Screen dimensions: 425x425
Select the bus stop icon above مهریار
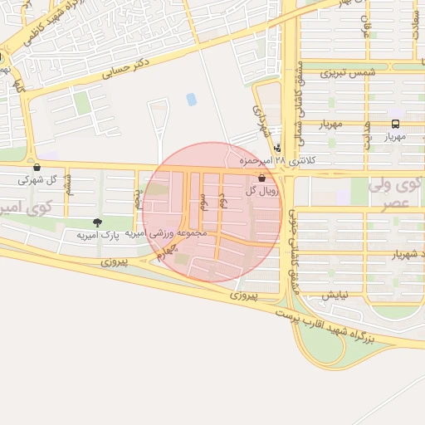[x=396, y=125]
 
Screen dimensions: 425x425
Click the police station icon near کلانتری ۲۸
[x=276, y=148]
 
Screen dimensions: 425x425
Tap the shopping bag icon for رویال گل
[x=262, y=178]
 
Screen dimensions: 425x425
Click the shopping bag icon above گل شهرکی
[x=37, y=167]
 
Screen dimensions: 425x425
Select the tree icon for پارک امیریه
[x=97, y=222]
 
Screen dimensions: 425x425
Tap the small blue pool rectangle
[x=192, y=99]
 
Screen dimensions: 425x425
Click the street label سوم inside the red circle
[x=202, y=199]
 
